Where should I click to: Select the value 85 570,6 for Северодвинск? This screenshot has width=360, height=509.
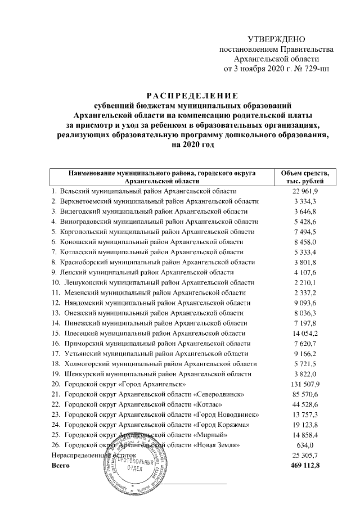305,395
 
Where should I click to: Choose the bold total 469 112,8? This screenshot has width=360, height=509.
305,466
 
